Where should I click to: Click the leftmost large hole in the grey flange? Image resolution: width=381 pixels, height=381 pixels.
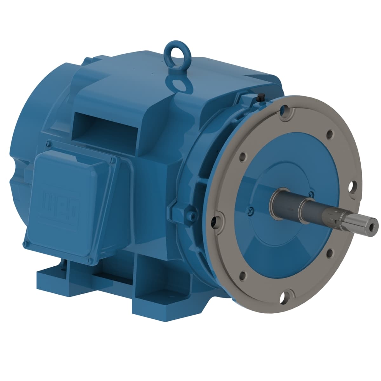(218, 220)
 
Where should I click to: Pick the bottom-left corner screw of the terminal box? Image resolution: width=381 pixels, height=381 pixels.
(25, 244)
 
